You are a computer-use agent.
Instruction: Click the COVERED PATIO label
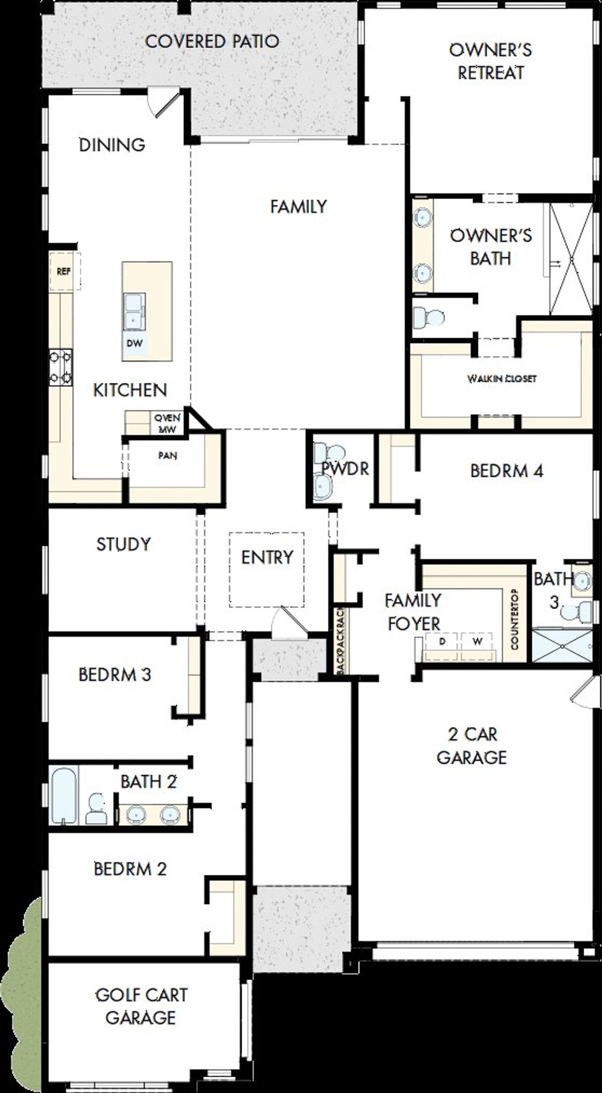(x=212, y=41)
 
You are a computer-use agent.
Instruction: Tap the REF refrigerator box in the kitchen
(x=63, y=271)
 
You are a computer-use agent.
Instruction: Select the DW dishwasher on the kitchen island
(x=134, y=343)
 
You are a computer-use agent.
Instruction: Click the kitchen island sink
(x=135, y=312)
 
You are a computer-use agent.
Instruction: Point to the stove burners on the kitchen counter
(x=61, y=367)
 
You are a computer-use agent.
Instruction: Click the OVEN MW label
(x=167, y=423)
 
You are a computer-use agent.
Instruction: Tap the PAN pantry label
(x=167, y=456)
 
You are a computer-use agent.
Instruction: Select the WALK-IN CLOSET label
(x=502, y=378)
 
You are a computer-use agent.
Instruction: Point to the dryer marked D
(x=442, y=642)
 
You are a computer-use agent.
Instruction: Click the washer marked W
(x=477, y=642)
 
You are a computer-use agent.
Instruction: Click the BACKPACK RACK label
(x=341, y=640)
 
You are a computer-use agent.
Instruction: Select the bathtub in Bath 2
(x=64, y=795)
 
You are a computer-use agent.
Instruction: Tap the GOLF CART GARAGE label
(x=141, y=1007)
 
